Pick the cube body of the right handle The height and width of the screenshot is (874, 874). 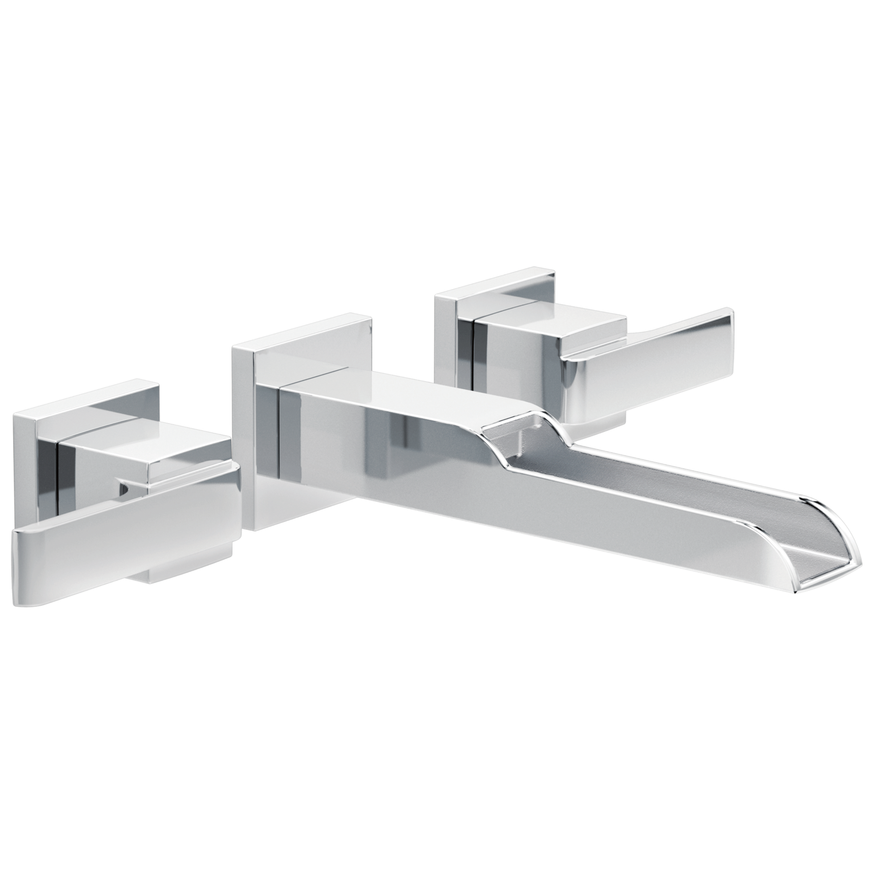[x=520, y=350]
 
